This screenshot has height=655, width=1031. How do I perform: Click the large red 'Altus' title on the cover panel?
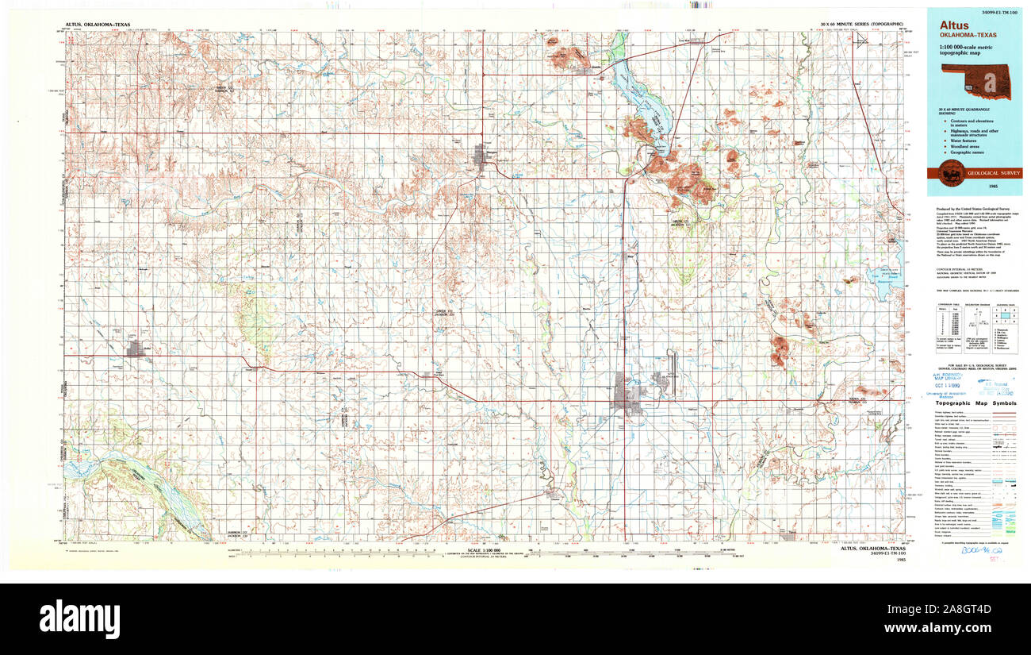point(955,25)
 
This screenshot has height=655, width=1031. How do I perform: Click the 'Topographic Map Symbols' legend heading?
point(975,403)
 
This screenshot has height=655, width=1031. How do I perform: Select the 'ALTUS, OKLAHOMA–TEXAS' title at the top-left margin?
point(98,25)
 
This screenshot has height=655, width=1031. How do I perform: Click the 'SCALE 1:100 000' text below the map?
point(485,550)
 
